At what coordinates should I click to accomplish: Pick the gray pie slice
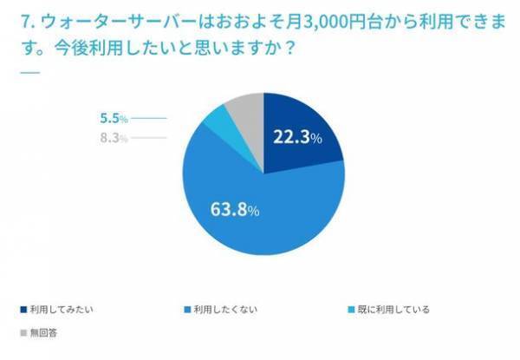tap(241, 112)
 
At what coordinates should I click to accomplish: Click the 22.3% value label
tap(297, 137)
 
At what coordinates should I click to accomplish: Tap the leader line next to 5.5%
tap(149, 119)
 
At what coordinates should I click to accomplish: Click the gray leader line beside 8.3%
tap(149, 138)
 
